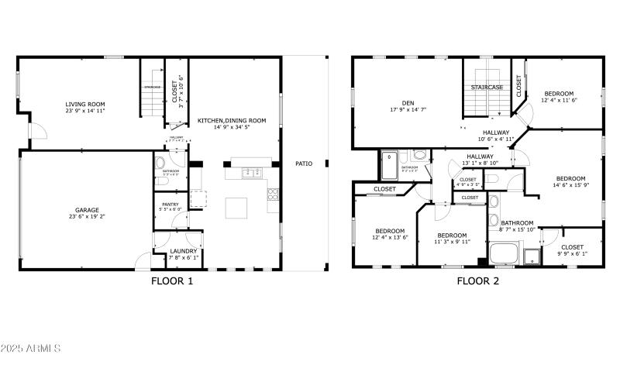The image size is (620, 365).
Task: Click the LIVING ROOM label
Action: pyautogui.click(x=85, y=104)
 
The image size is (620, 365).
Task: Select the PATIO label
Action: pyautogui.click(x=303, y=164)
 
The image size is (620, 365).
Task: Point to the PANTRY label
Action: pyautogui.click(x=170, y=205)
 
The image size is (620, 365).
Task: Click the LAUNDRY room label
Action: pyautogui.click(x=184, y=251)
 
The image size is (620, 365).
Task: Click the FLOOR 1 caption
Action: pyautogui.click(x=171, y=281)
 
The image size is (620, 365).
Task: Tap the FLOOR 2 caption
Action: pyautogui.click(x=477, y=281)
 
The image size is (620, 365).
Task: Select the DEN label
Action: pyautogui.click(x=408, y=103)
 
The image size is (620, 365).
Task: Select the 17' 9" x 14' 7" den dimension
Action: pyautogui.click(x=408, y=111)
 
